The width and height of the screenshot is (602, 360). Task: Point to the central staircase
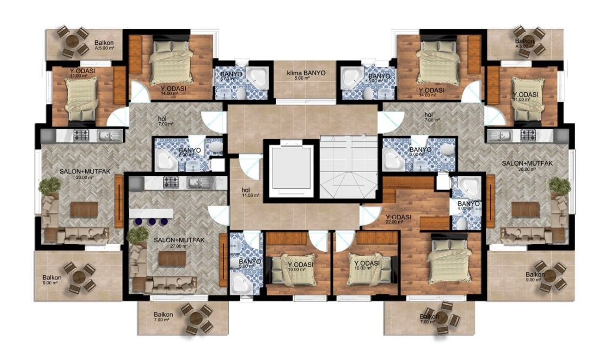[349, 167]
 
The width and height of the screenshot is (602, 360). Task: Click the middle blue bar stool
[151, 221]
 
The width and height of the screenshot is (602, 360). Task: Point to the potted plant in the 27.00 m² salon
[138, 235]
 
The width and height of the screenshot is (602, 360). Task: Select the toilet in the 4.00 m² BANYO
[462, 223]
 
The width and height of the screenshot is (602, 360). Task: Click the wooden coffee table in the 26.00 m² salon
[525, 209]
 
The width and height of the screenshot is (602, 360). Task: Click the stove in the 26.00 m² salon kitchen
[528, 136]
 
